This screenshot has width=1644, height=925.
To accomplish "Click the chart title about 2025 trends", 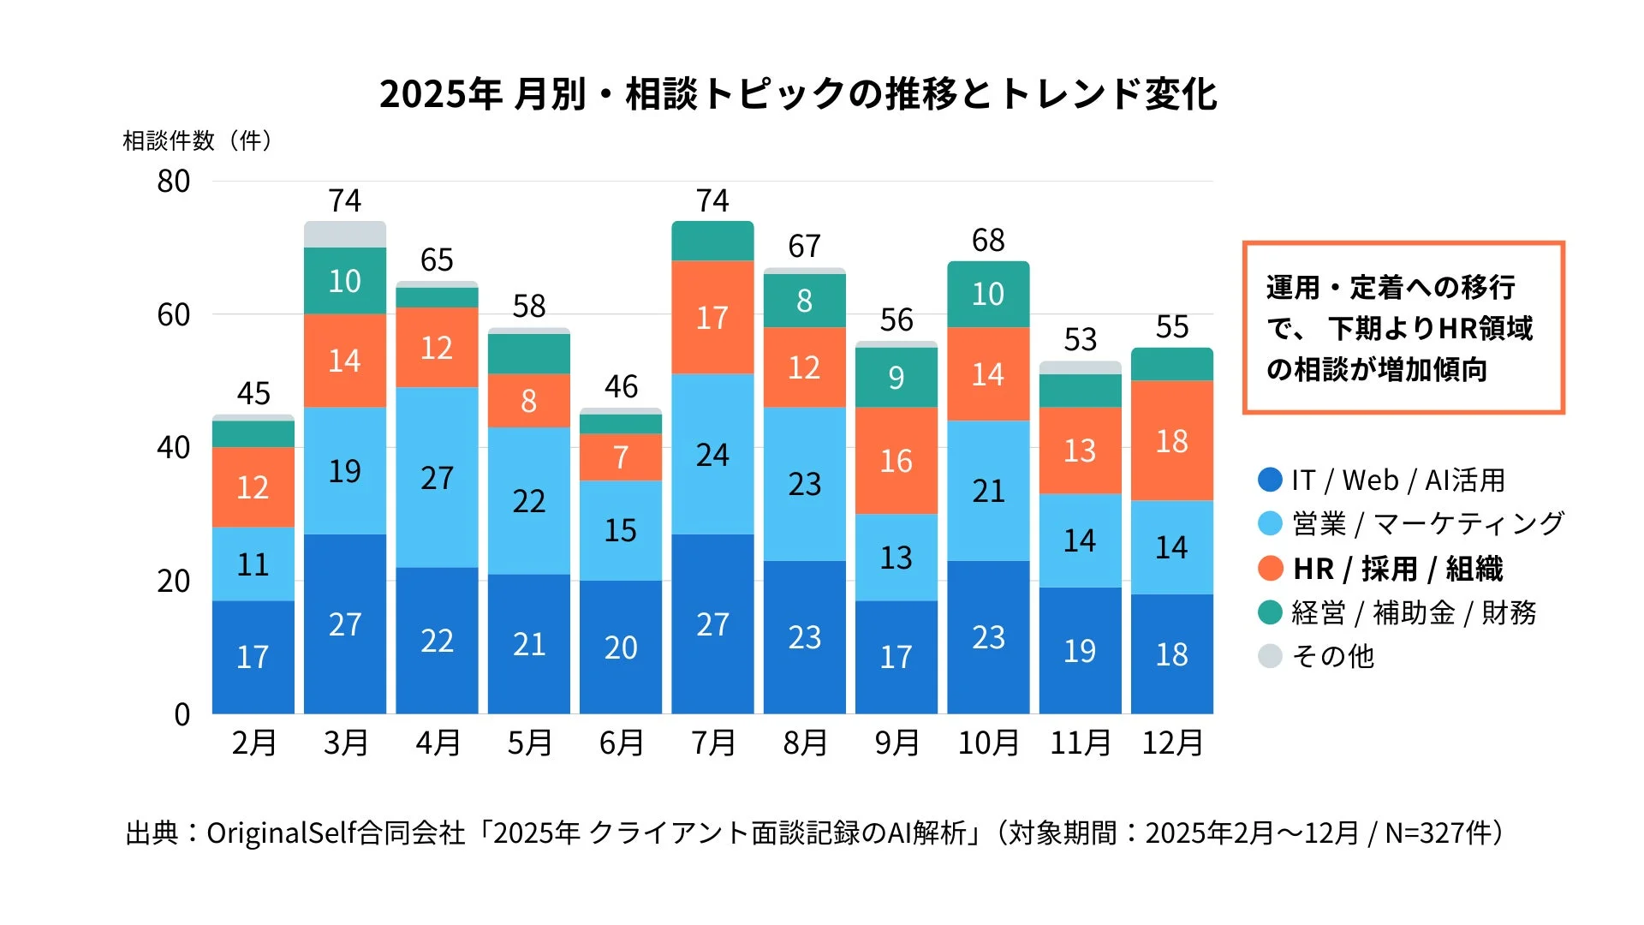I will [798, 94].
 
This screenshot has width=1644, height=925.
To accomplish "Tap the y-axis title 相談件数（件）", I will [198, 141].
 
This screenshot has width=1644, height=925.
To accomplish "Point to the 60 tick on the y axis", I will [173, 315].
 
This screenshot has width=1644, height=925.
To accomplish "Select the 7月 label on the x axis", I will [713, 743].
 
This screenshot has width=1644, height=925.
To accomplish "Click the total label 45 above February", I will [253, 394].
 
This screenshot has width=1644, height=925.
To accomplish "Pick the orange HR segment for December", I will [1171, 441].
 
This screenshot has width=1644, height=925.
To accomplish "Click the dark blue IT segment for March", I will [345, 624].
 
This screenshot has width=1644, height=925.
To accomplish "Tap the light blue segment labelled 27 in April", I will [437, 477].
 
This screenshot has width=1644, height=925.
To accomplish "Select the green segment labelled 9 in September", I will [896, 378].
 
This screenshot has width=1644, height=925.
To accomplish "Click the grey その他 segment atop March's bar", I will [345, 234].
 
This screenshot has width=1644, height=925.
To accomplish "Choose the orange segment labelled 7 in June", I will [621, 457].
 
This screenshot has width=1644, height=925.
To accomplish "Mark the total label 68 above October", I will [988, 241].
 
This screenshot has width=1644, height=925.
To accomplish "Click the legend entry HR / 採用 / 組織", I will [1397, 569].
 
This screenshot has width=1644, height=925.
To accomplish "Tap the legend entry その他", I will [1332, 656].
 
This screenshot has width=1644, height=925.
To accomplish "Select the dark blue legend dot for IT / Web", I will [1270, 480].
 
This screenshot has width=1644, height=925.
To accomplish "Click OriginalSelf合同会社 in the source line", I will [335, 833].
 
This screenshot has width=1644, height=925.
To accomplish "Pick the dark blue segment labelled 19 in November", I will [1080, 651].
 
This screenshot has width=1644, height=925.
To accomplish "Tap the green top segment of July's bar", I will [712, 242].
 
